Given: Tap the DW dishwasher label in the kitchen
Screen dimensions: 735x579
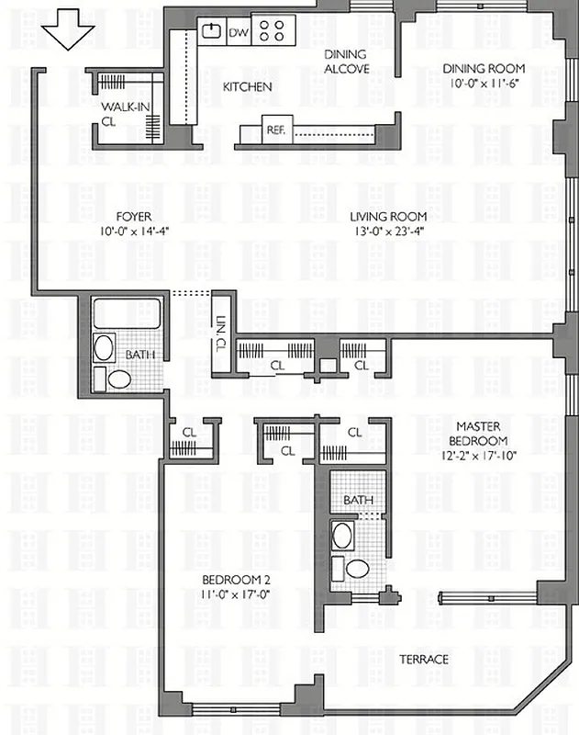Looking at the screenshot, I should (x=238, y=33).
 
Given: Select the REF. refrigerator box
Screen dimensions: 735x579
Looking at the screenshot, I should (x=275, y=130).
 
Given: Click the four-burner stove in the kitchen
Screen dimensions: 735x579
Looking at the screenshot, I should (x=273, y=31).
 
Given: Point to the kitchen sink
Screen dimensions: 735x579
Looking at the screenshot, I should (x=211, y=31).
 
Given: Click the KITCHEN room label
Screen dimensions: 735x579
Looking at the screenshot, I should (x=247, y=87).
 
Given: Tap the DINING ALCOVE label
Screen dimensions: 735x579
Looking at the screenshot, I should (x=347, y=62).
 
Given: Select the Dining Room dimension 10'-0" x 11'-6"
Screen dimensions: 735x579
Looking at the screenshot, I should (x=484, y=84).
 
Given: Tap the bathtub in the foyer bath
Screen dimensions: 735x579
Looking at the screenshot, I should (x=127, y=313).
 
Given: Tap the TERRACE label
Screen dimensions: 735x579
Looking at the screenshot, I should (x=423, y=660).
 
